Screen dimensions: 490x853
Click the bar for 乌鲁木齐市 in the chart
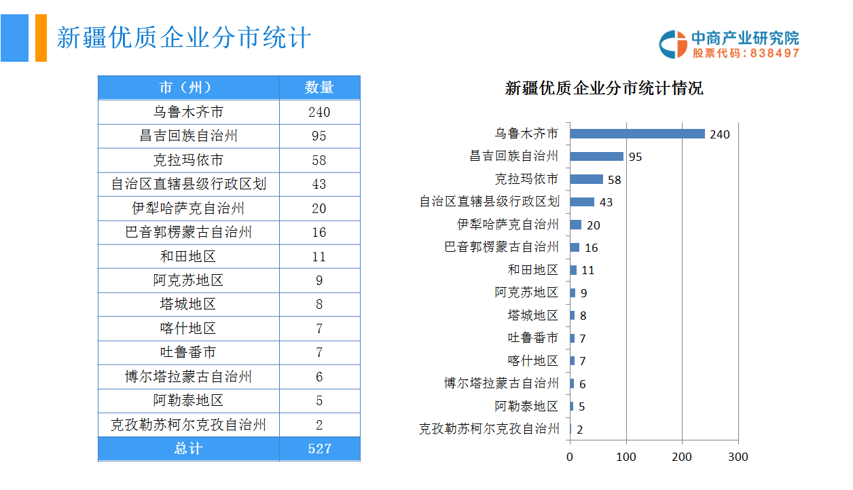(637, 134)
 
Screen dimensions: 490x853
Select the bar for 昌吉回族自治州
(596, 157)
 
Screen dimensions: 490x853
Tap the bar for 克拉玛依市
(586, 179)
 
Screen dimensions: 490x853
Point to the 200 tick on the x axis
(682, 457)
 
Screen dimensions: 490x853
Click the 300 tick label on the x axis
(738, 457)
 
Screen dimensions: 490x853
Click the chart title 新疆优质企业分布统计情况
(604, 88)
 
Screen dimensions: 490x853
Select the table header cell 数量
(319, 88)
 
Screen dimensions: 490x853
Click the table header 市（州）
(188, 88)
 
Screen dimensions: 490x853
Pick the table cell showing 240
(319, 112)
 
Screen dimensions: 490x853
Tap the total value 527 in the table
(319, 449)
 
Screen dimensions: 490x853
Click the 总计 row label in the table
(188, 449)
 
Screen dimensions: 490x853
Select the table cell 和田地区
(188, 257)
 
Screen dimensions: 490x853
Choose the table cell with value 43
(319, 184)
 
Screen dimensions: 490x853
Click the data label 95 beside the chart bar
(635, 157)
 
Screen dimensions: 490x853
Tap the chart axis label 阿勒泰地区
(526, 407)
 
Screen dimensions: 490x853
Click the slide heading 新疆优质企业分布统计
(183, 38)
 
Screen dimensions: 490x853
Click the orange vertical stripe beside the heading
(41, 38)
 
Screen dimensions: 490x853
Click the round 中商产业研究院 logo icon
(673, 44)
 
